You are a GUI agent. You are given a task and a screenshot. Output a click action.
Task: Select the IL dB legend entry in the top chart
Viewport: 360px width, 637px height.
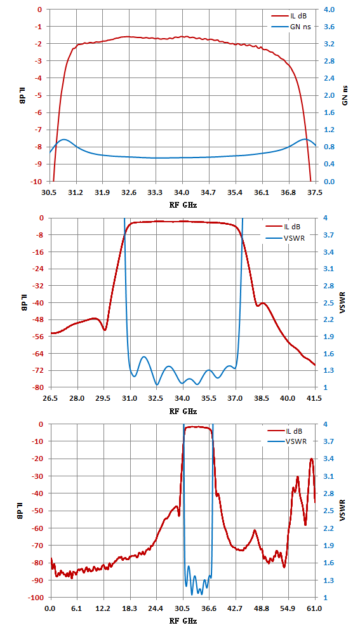pos(288,17)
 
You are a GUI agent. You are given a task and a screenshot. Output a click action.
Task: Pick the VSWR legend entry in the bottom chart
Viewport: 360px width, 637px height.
pos(288,441)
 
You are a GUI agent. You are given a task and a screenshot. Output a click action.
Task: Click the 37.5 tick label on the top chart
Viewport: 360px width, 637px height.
pos(315,192)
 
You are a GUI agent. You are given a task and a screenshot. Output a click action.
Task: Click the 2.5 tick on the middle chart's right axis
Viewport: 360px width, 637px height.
pos(328,303)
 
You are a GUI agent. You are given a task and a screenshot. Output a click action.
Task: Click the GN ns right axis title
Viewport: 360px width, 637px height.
pos(345,95)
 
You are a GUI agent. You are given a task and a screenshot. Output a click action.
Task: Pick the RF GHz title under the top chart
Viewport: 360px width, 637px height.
pos(183,205)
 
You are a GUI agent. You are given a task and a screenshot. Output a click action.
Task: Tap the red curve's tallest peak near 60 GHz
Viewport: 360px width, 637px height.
pos(312,459)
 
